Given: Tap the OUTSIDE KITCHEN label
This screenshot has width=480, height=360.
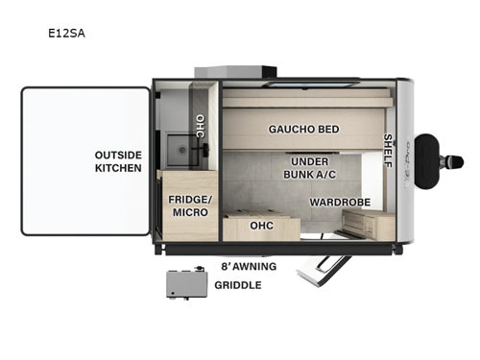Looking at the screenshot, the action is click(118, 161).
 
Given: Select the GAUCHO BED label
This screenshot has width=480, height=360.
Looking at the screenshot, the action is click(303, 129).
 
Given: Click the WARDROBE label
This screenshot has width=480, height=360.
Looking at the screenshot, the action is click(334, 203).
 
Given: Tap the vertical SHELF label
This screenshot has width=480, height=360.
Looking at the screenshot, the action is click(389, 150).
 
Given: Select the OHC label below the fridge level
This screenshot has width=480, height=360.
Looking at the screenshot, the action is click(262, 226).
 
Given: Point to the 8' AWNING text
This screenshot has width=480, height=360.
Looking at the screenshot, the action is click(249, 266).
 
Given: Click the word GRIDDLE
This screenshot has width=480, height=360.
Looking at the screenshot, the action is click(237, 285).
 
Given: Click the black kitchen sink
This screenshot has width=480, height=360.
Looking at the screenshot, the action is click(180, 150).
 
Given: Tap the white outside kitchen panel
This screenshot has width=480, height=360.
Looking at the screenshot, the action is click(84, 161).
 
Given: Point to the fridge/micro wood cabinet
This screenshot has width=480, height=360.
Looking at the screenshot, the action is click(190, 205).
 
